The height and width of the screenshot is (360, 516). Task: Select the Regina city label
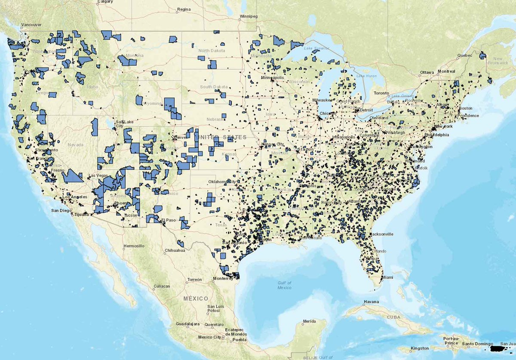pos(183,9)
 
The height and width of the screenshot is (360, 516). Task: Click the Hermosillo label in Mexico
pos(134,246)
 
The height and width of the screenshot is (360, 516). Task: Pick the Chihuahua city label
pos(174,250)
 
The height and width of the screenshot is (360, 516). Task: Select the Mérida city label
pos(309,321)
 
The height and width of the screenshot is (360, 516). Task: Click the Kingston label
pos(420,348)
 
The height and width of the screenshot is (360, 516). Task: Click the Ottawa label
pos(427,72)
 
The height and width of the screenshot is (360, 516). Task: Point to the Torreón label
pos(194,280)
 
